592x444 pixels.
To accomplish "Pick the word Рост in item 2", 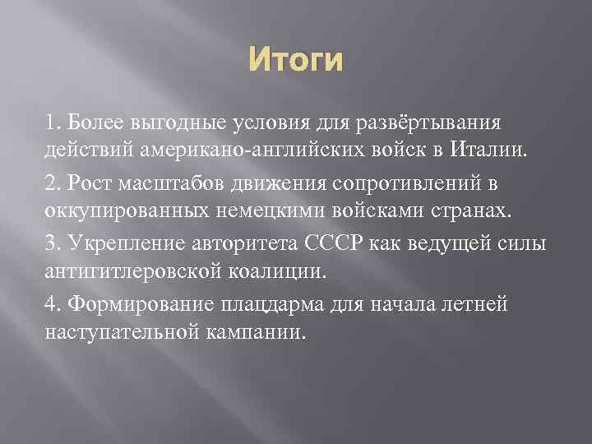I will (88, 182).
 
